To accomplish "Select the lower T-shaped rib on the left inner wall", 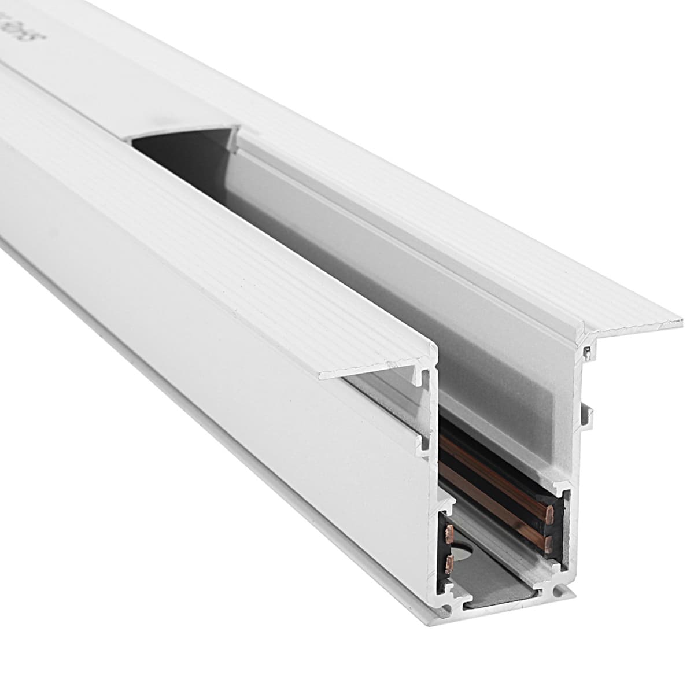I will point(426,442).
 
